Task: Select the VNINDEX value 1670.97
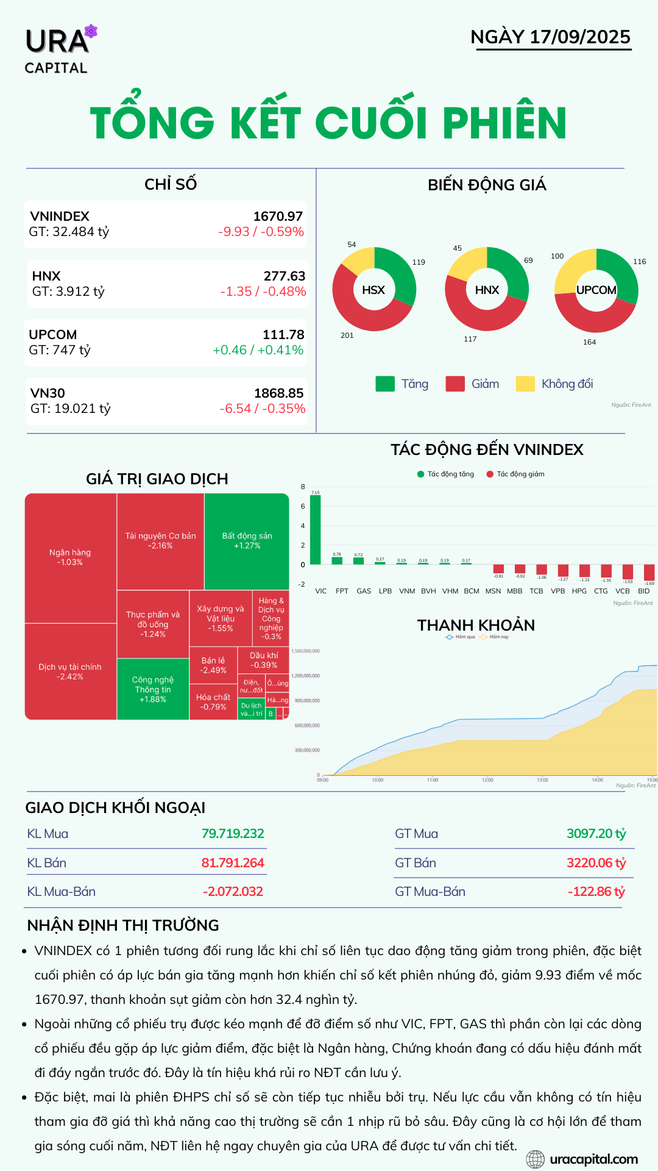pos(278,217)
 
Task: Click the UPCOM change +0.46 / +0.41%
pos(258,350)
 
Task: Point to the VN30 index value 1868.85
pos(278,393)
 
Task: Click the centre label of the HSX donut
pos(373,290)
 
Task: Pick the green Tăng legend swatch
pos(385,384)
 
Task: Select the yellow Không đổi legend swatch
pos(525,384)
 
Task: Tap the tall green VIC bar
pos(316,529)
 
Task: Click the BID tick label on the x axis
pos(643,591)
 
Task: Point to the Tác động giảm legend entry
pos(515,474)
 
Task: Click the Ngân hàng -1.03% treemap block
pos(70,557)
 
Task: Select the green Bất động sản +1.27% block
pos(247,540)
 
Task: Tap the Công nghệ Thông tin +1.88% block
pos(152,689)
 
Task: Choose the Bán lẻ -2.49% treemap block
pos(213,665)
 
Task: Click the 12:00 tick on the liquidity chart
pos(487,779)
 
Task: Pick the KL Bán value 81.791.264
pos(233,863)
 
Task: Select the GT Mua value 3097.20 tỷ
pos(596,834)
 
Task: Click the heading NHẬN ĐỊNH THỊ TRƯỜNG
pos(123,925)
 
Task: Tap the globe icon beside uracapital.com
pos(535,1159)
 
